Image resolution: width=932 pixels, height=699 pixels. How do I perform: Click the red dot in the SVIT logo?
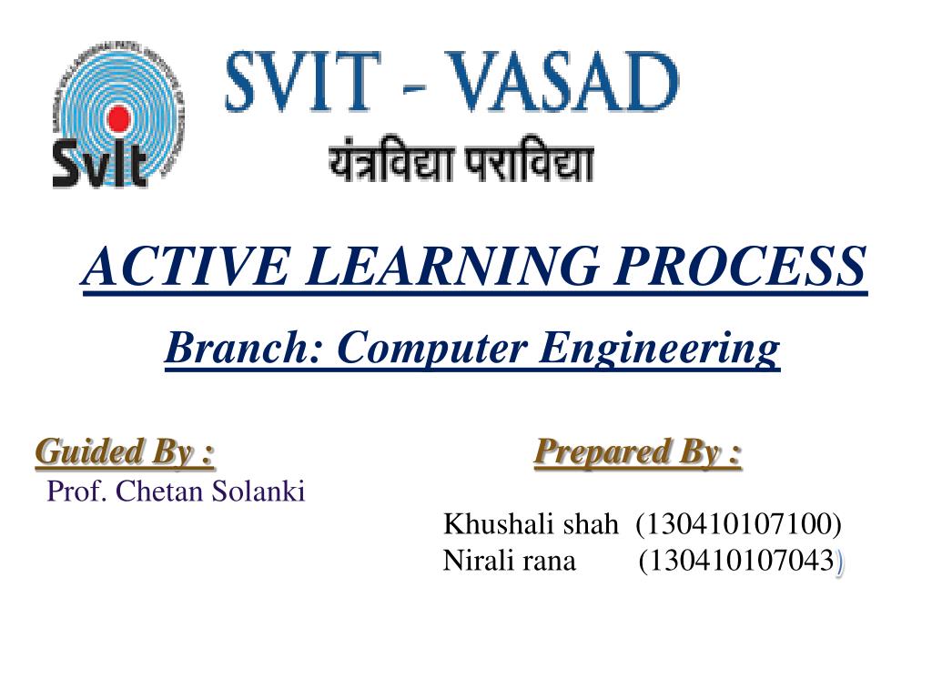coord(118,117)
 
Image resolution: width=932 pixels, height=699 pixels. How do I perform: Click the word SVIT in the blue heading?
coord(303,81)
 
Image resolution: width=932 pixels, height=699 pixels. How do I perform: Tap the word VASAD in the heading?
coord(562,81)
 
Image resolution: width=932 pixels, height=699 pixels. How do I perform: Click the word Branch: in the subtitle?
coord(243,348)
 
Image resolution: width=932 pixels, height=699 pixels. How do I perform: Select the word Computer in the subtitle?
coord(432,349)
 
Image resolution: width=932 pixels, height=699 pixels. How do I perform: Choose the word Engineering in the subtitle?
coord(659,349)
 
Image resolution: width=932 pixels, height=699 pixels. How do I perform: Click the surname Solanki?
coord(258,491)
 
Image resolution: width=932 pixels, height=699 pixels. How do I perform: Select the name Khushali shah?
coord(531,524)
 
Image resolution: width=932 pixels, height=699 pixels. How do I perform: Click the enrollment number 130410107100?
coord(738,524)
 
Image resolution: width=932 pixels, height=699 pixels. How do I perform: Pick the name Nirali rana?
coord(510,561)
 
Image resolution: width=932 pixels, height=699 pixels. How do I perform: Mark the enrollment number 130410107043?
coord(741,561)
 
